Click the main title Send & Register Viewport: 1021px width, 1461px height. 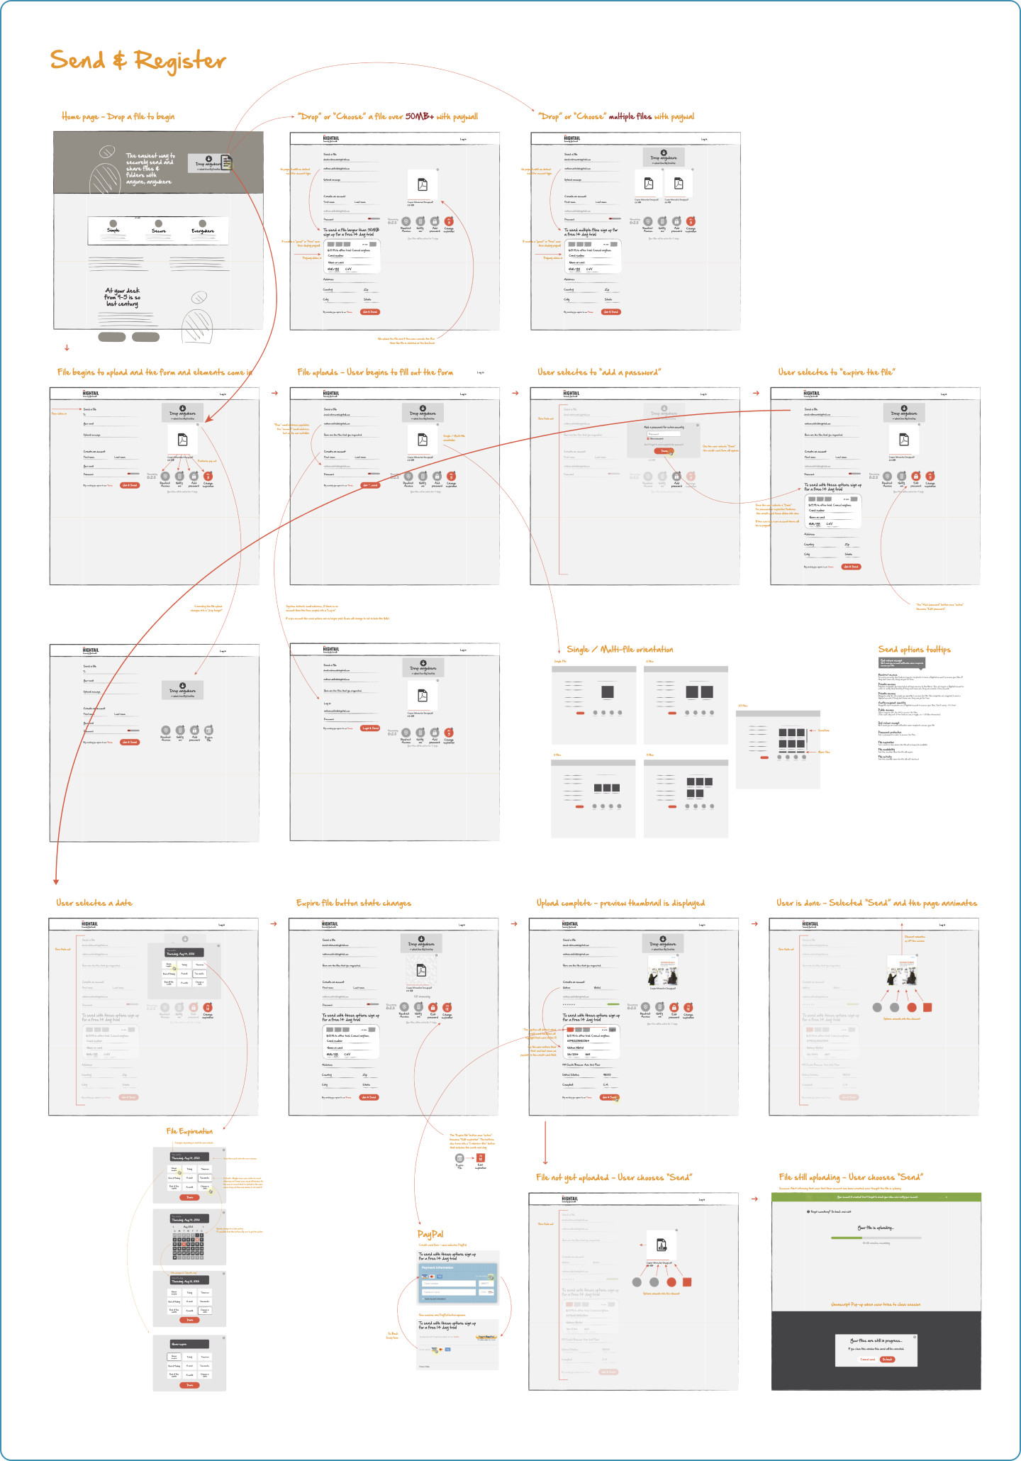point(138,61)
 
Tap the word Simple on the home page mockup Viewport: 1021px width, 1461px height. point(113,230)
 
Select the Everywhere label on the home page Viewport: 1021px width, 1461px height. point(203,230)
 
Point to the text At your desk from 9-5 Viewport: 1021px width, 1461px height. point(123,297)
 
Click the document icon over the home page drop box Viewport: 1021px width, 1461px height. point(227,163)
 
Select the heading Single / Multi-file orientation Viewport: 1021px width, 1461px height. point(620,649)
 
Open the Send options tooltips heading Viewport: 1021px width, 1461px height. point(914,649)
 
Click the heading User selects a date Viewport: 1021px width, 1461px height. point(94,903)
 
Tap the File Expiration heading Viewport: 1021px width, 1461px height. point(189,1131)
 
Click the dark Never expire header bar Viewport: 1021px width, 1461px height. point(189,1344)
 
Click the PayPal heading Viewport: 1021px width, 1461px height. point(430,1234)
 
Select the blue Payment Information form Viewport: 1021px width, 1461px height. point(458,1282)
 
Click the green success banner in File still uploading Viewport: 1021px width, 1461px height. point(876,1196)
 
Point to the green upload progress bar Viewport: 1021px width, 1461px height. point(847,1238)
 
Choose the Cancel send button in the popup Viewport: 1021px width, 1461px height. point(868,1360)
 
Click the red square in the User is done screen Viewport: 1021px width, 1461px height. point(927,1007)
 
